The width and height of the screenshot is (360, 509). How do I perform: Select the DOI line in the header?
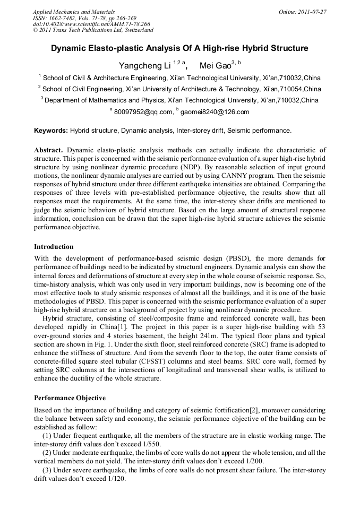[x=91, y=24]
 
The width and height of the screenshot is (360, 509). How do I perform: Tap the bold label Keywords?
[x=51, y=130]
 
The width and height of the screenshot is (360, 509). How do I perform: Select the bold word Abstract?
[x=49, y=150]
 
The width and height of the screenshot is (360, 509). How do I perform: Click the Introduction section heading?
[x=54, y=247]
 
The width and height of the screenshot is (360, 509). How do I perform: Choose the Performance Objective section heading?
[x=70, y=398]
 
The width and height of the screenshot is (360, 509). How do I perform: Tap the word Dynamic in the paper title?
[x=69, y=48]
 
